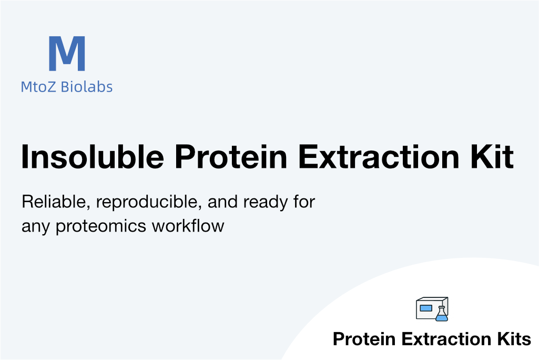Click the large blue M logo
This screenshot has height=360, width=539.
(67, 53)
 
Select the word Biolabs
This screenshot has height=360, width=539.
(87, 87)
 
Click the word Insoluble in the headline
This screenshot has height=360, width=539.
(93, 157)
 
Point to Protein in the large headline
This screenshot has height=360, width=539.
(231, 157)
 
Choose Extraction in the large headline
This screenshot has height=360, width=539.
(379, 157)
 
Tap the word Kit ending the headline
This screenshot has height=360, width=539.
(492, 157)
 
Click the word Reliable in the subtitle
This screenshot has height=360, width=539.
(56, 202)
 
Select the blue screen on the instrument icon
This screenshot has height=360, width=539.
(426, 308)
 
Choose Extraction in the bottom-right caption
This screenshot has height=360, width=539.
(446, 339)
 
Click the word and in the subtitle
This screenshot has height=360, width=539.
(222, 202)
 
